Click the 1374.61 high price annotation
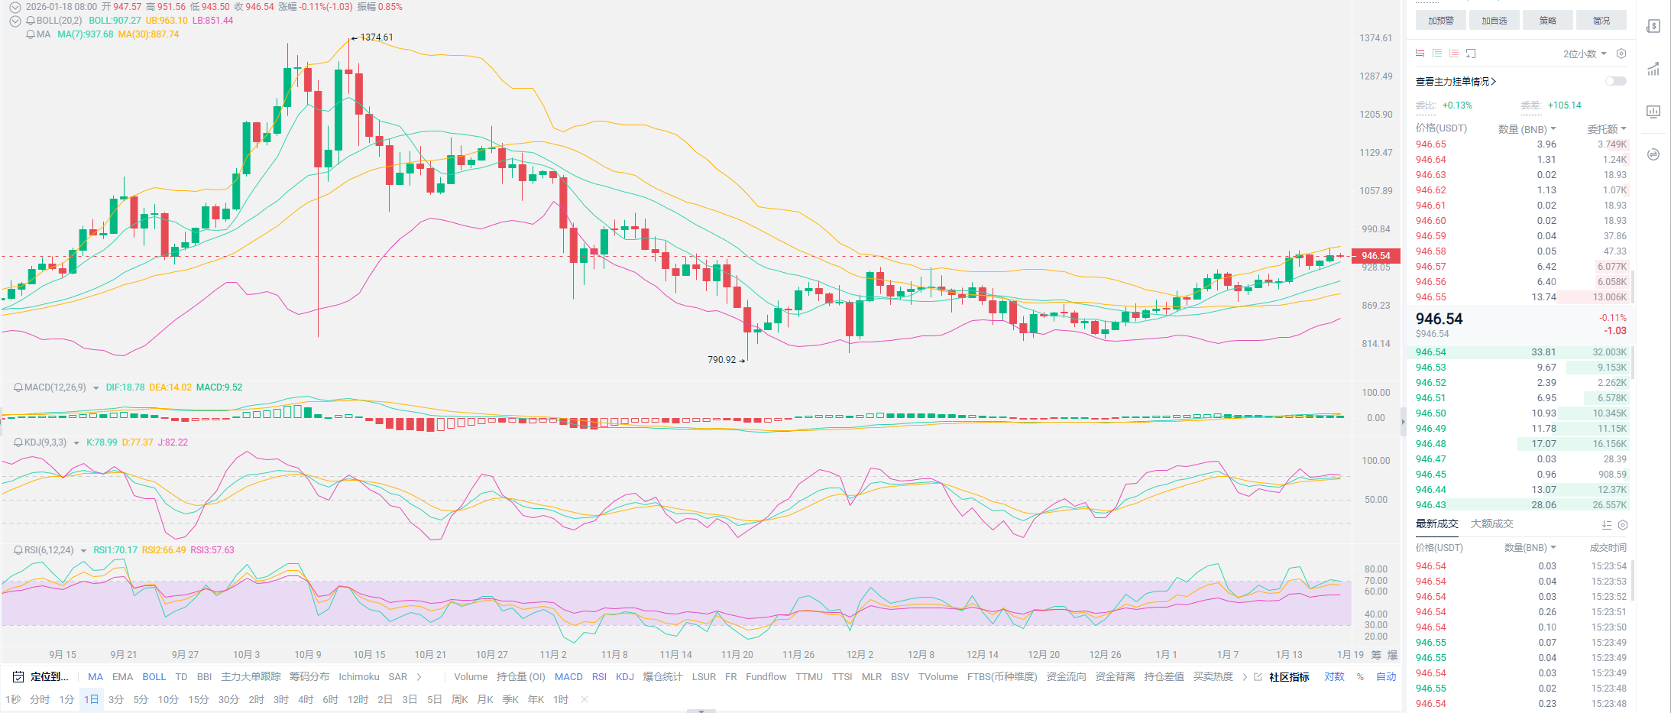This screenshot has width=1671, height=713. tap(376, 37)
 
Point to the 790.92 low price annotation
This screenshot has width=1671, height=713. tap(721, 360)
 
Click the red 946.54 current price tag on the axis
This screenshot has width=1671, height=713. tap(1375, 256)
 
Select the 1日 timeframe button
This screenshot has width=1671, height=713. tap(91, 699)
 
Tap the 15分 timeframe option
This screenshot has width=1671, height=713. tap(198, 699)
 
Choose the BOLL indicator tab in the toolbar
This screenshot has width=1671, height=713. tap(154, 677)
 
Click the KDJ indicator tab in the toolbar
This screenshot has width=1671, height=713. tap(624, 677)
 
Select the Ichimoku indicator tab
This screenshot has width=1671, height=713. tap(358, 677)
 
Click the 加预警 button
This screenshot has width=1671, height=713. tap(1440, 21)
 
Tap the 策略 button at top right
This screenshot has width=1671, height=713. tap(1547, 21)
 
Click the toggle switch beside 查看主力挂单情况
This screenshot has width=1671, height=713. tap(1615, 81)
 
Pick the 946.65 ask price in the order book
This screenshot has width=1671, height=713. tap(1430, 144)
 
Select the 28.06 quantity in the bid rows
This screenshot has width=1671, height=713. tap(1543, 505)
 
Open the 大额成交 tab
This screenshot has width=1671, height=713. tap(1491, 524)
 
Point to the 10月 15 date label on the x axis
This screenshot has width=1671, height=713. tap(369, 655)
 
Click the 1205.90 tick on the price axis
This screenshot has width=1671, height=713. tap(1375, 115)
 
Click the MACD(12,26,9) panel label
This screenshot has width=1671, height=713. tap(55, 387)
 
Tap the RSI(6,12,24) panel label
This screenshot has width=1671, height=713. tap(49, 550)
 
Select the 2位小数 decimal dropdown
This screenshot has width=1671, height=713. tap(1584, 53)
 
